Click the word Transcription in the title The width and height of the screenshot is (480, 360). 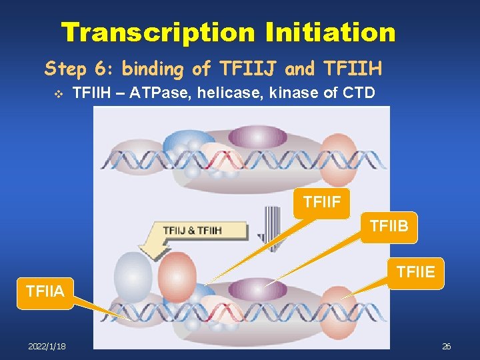(x=157, y=31)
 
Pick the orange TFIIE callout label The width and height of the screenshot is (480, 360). (x=415, y=272)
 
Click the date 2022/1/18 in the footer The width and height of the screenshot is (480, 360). (x=47, y=346)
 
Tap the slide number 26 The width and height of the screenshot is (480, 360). (x=447, y=346)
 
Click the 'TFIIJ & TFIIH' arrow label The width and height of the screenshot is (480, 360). (x=193, y=231)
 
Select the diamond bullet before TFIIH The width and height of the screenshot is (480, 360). (x=57, y=93)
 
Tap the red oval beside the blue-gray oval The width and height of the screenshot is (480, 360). (x=177, y=275)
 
